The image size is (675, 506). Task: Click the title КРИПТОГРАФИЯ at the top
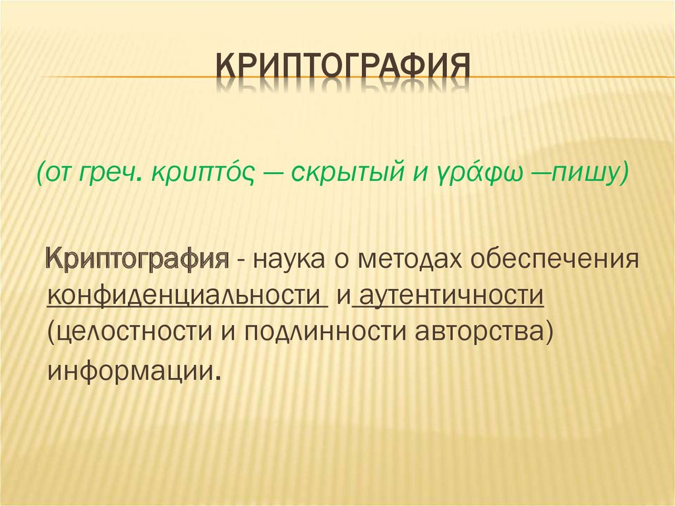(343, 67)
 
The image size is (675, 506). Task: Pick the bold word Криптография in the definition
(138, 260)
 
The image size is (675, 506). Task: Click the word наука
(289, 260)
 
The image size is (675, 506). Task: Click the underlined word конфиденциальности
(186, 296)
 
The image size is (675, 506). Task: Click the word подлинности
(326, 332)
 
